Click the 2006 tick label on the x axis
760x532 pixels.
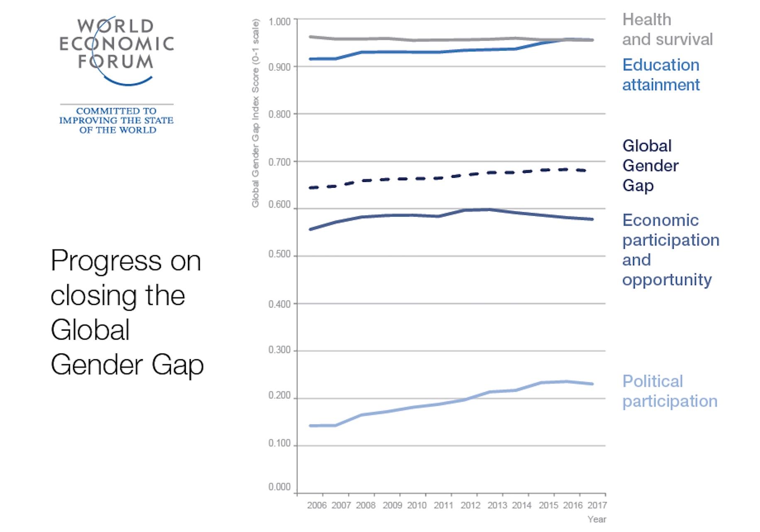[x=317, y=505]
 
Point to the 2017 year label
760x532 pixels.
[x=597, y=505]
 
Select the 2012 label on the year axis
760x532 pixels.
[x=470, y=505]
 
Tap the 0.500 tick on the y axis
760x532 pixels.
[x=279, y=254]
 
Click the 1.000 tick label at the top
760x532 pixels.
[x=279, y=22]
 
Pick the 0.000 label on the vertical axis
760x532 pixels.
[x=279, y=487]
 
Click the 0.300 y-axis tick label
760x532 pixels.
[x=279, y=350]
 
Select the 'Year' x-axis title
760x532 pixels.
[x=597, y=519]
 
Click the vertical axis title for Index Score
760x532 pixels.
[x=256, y=113]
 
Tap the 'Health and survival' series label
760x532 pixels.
[x=667, y=29]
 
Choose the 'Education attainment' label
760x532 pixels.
[x=661, y=75]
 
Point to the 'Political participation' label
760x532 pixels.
[x=669, y=391]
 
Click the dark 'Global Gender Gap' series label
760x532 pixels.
[x=650, y=165]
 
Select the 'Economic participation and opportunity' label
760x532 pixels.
[x=670, y=249]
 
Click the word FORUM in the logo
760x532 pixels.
[x=116, y=62]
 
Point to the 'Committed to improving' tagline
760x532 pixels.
[x=116, y=120]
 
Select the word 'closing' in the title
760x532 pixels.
[x=93, y=296]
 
